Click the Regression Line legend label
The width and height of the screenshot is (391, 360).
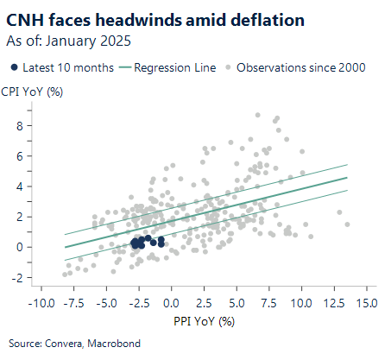coord(168,66)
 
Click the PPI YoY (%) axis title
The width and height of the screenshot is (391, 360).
coord(202,321)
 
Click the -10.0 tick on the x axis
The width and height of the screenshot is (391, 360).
coord(41,304)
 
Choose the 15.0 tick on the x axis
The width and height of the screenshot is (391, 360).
coord(366,304)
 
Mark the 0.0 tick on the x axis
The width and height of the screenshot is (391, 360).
coord(172,304)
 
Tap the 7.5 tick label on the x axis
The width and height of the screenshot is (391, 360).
coord(269,304)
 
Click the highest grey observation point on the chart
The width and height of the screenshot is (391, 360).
coord(277,117)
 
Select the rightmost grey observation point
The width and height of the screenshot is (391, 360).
coord(347,224)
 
